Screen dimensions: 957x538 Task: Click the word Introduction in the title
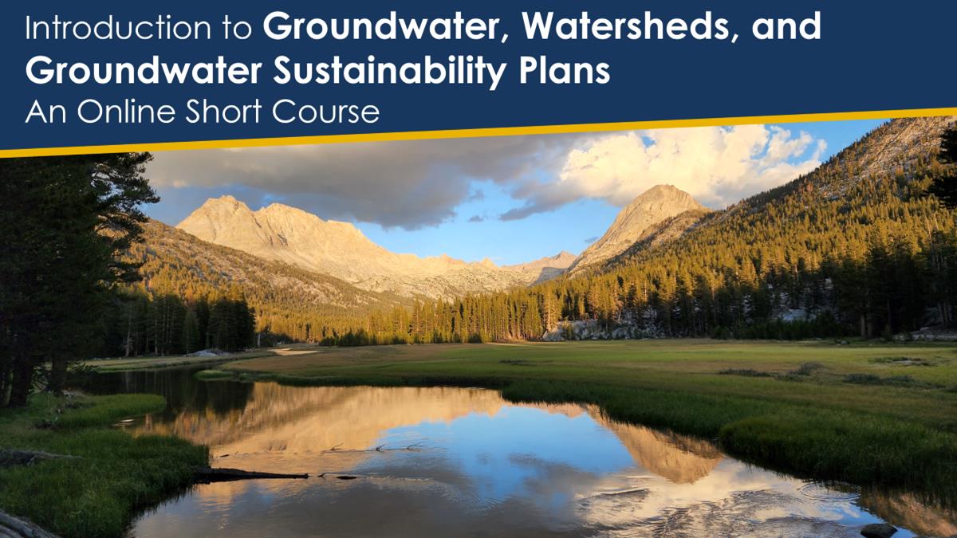point(117,28)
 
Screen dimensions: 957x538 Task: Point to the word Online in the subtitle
point(126,112)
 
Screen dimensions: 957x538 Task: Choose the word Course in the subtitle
point(325,112)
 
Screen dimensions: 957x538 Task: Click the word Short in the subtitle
point(223,112)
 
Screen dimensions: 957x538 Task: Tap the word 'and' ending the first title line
point(786,27)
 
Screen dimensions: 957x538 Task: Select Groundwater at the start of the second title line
point(143,70)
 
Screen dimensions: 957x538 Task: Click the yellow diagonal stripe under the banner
point(478,132)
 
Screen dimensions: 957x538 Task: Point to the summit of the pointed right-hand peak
point(662,187)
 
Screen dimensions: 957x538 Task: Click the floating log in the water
point(252,474)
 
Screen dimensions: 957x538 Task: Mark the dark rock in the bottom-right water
point(879,530)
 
